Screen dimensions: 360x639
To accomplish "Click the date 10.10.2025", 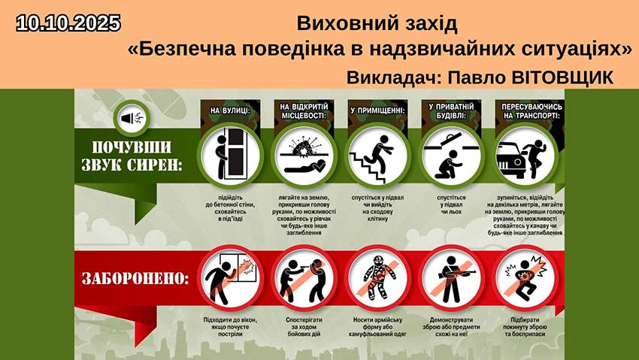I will [68, 23].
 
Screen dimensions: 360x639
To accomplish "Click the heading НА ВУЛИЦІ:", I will [229, 110].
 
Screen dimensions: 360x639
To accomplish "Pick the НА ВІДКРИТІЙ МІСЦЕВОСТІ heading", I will [303, 115].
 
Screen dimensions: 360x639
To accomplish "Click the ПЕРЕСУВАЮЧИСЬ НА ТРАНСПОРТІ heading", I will [525, 115].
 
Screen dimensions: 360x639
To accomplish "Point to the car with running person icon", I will [525, 156].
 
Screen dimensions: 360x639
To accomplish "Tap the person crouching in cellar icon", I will [451, 156].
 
